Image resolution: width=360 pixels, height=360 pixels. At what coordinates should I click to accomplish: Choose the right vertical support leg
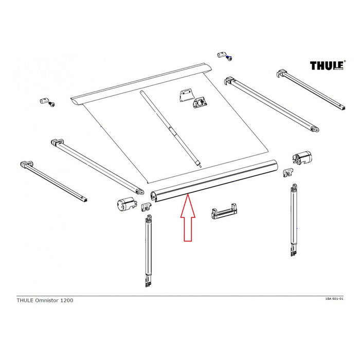coord(294,221)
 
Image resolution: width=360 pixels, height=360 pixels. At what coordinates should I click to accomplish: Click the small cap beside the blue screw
coord(221,54)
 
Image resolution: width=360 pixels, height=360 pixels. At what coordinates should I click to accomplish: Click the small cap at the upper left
coord(44,100)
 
